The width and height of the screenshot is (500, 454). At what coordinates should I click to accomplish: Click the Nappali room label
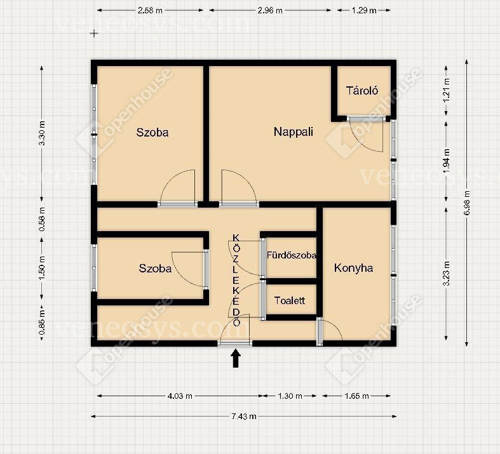pos(294,132)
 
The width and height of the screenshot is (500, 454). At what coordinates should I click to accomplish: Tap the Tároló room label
pos(362,91)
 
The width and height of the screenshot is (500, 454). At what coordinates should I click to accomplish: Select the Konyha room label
pos(353,268)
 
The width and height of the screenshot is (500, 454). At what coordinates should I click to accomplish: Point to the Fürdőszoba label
pos(292,255)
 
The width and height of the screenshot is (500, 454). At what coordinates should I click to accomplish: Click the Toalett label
pos(290,300)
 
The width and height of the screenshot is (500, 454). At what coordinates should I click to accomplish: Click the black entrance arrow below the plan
pos(236,358)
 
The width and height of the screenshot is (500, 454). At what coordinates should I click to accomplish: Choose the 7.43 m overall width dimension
pos(243,416)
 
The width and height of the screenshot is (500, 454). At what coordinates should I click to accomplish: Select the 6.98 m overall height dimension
pos(467,203)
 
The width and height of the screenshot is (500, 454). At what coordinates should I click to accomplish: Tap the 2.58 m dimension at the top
pos(150,11)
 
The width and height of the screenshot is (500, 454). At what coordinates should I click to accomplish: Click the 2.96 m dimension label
pos(270,11)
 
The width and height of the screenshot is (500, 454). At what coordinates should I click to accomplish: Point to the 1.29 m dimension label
pos(364,11)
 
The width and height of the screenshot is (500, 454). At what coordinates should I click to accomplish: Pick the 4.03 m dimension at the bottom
pos(180,396)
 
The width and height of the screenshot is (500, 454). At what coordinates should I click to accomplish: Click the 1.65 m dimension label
pos(356,396)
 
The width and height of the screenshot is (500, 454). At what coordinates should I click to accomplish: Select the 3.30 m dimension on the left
pos(42,133)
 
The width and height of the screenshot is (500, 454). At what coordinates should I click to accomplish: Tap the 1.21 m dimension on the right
pos(447,90)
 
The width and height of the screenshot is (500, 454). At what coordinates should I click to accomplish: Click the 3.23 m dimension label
pos(447,274)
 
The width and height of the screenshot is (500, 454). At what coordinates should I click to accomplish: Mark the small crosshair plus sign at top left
pos(94,33)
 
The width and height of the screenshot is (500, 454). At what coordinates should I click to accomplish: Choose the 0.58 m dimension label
pos(42,220)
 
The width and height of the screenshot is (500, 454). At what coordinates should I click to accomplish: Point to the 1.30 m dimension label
pos(290,396)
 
